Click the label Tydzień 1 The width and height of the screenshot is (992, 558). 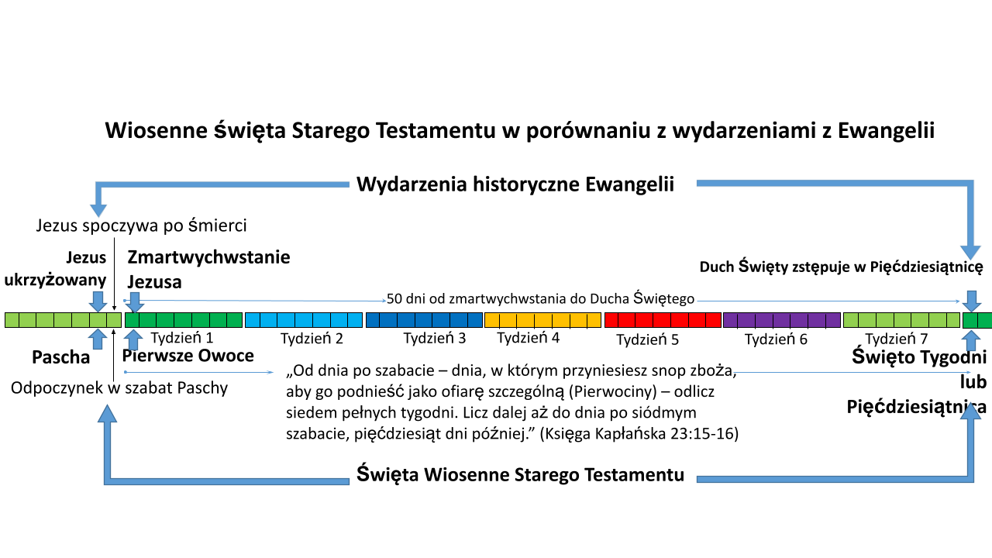[x=182, y=338]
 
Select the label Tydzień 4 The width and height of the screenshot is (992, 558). [x=529, y=338]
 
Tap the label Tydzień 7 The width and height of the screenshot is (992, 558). [x=897, y=339]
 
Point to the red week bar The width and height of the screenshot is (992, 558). [x=663, y=320]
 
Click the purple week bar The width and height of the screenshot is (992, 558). [x=782, y=320]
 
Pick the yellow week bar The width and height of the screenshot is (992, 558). [x=543, y=320]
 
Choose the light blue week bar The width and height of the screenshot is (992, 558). [x=304, y=320]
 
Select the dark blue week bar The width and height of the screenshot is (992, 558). [x=424, y=320]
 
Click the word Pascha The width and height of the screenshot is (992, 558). [x=61, y=357]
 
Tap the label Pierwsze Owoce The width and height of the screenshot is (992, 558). [x=188, y=356]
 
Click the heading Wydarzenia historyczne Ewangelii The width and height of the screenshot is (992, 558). [x=515, y=184]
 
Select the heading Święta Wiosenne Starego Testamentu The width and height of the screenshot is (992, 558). [x=520, y=474]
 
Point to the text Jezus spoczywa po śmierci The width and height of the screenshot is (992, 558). [x=141, y=226]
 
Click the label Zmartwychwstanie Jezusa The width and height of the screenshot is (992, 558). [x=208, y=269]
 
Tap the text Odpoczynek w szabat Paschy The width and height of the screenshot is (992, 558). [x=119, y=388]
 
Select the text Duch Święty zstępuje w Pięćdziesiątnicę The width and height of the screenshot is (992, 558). [x=841, y=267]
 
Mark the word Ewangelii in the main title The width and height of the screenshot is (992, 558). [x=886, y=131]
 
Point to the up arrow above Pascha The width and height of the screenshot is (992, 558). [x=98, y=339]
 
